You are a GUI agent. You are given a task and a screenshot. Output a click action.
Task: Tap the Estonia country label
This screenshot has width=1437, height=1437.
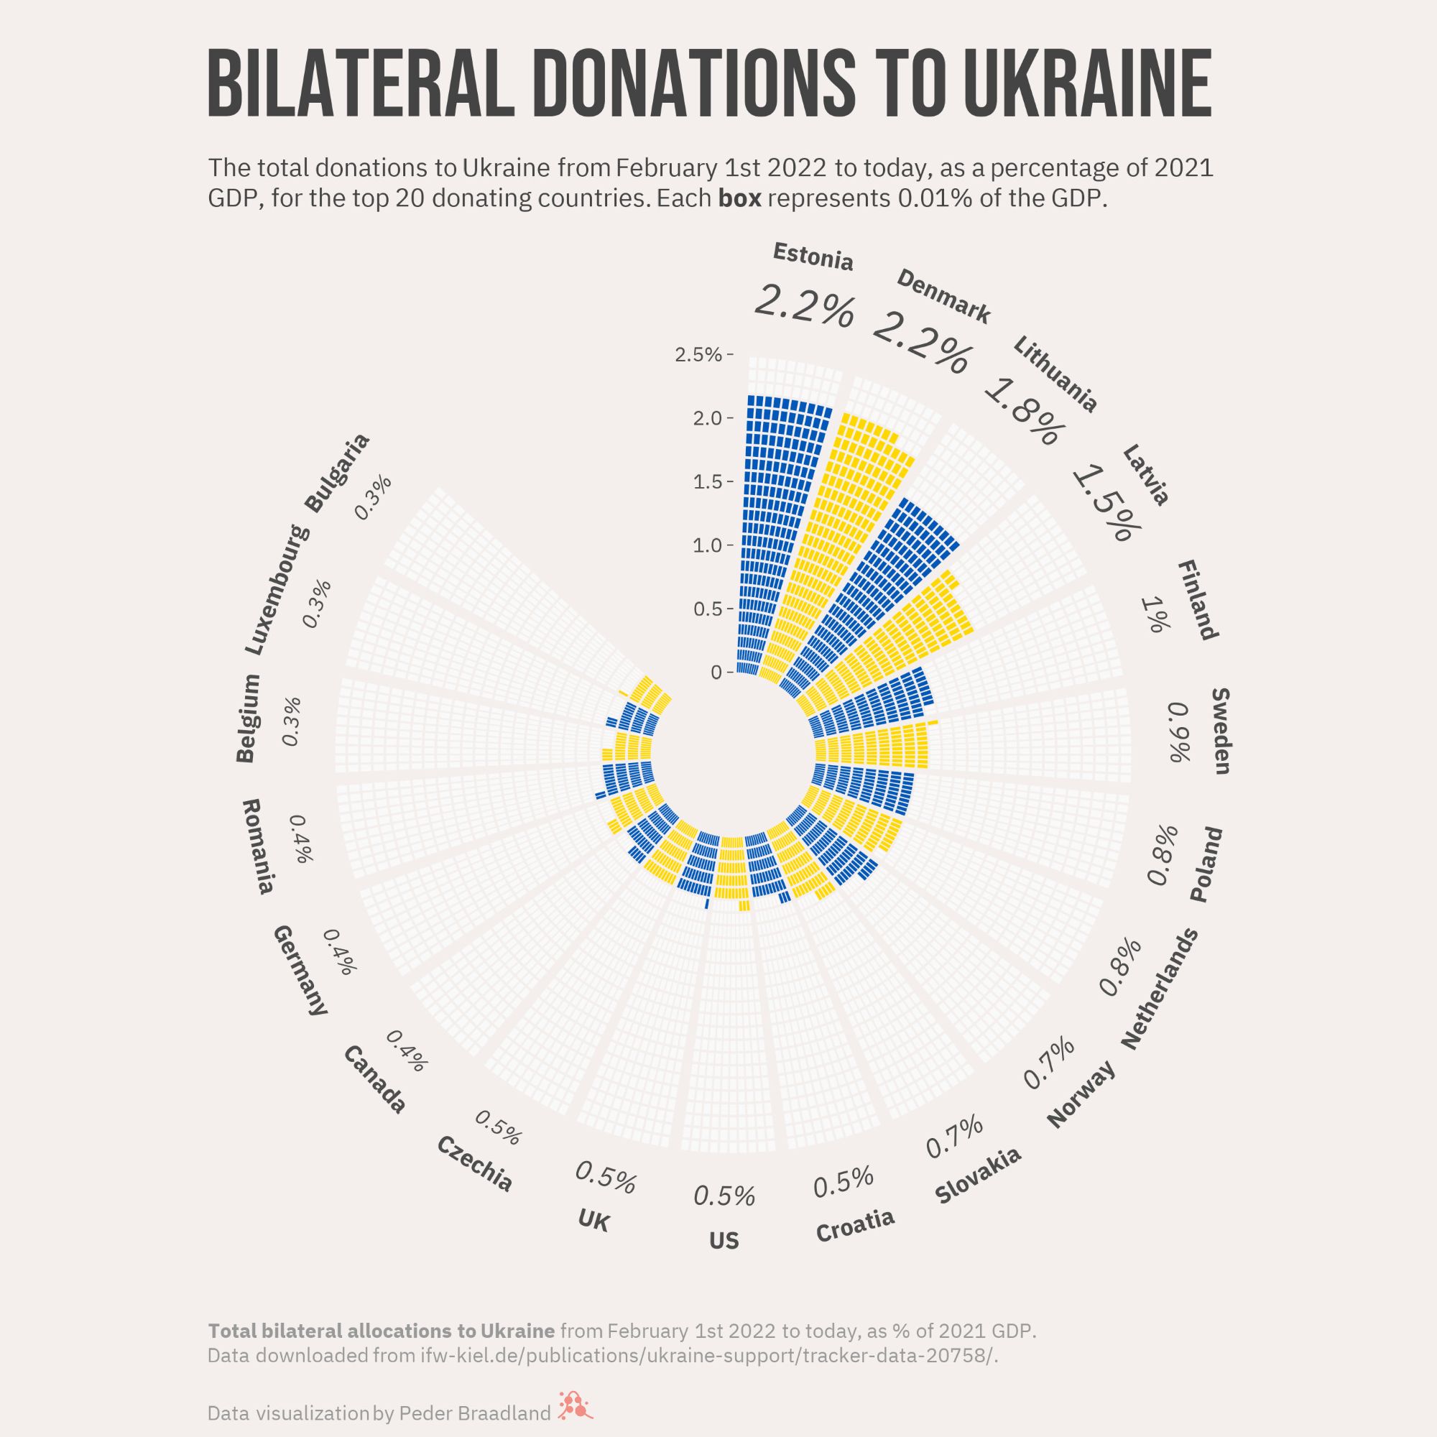[x=813, y=256]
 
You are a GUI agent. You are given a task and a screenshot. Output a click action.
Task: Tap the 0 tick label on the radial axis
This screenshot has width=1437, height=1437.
[x=716, y=673]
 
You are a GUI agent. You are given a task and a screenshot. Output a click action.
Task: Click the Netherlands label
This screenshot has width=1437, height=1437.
[x=1160, y=989]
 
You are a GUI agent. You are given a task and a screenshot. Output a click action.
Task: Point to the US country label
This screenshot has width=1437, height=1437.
[x=724, y=1242]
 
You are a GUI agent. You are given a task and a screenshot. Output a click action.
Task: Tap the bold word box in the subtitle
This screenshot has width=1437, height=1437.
[x=739, y=199]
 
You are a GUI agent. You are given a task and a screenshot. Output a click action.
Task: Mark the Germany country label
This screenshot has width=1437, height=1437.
[x=300, y=970]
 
